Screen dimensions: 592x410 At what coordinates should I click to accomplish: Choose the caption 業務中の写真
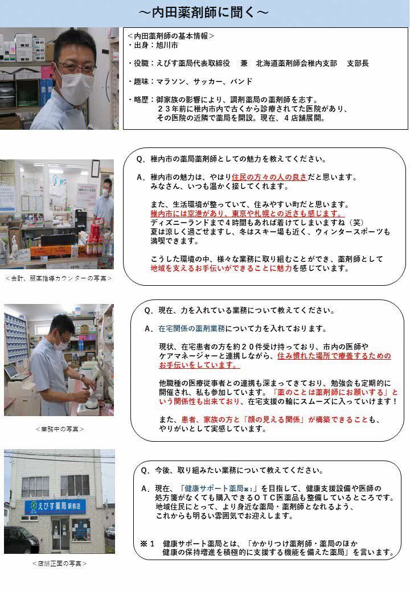coord(59,428)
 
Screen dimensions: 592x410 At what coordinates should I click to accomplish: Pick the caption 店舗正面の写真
coord(59,563)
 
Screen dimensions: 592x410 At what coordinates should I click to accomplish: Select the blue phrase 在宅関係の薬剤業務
coord(192,328)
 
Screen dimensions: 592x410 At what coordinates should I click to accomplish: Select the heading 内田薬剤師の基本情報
coord(170,35)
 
